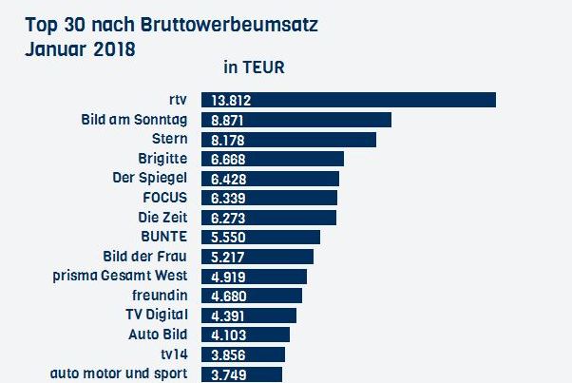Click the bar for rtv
click(380, 100)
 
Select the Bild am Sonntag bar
click(323, 120)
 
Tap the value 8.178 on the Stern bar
click(232, 140)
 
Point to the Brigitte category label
click(163, 158)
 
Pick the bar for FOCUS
click(285, 198)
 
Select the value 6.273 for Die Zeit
click(232, 218)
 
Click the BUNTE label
click(163, 236)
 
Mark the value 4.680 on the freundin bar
click(232, 296)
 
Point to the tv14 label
click(173, 354)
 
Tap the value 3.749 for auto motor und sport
click(232, 373)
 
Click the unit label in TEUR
click(254, 67)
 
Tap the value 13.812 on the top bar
click(235, 101)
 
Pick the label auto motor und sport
click(120, 373)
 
